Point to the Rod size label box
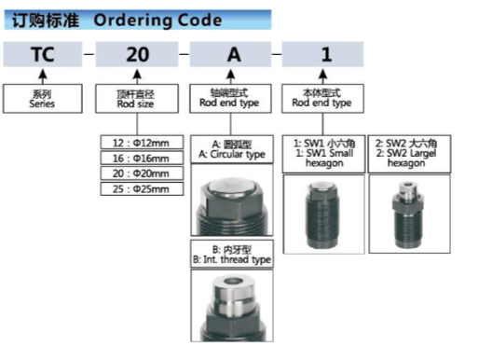[x=136, y=99]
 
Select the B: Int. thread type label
[x=231, y=254]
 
